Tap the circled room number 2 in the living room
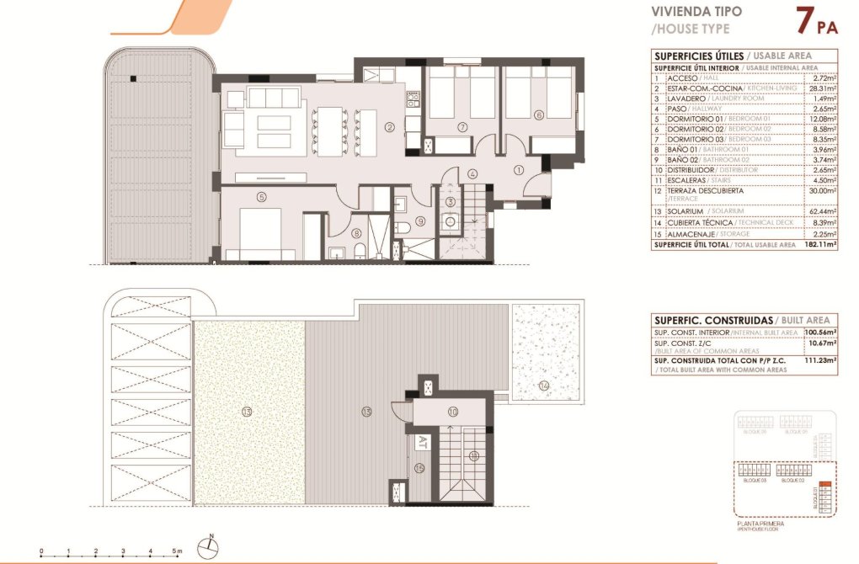(389, 128)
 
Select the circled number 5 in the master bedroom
(262, 197)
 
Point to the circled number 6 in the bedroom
(539, 115)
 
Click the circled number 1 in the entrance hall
(519, 169)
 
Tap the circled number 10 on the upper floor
(452, 412)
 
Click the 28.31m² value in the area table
(820, 88)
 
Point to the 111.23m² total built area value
(820, 359)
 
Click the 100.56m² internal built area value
(820, 333)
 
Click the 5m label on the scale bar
(178, 551)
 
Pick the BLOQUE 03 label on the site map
(754, 481)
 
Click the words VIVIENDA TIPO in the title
(696, 12)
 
